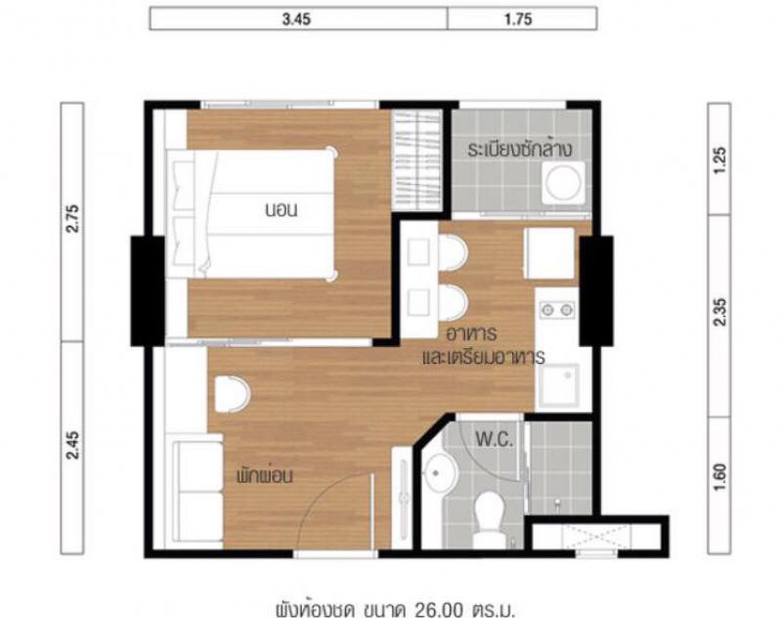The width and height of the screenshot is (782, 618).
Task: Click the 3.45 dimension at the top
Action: (x=296, y=20)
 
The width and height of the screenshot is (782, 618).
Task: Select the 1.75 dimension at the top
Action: (x=518, y=20)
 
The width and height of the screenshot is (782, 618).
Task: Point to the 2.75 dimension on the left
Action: (x=72, y=218)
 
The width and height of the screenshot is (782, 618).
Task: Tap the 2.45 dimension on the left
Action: (x=72, y=445)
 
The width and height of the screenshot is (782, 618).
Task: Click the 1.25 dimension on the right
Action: (x=720, y=159)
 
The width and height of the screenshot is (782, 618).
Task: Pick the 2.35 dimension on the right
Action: (x=720, y=312)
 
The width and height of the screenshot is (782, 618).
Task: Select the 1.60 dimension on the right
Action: (x=720, y=476)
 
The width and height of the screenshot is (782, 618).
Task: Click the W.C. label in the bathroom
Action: (x=495, y=439)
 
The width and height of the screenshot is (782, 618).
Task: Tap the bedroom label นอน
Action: (x=282, y=210)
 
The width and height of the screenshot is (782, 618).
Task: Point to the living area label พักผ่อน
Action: (x=264, y=475)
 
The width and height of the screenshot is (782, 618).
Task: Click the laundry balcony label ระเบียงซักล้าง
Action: (x=520, y=150)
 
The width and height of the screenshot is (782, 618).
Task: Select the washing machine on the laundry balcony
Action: (x=564, y=182)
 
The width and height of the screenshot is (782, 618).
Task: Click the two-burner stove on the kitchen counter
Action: (x=557, y=310)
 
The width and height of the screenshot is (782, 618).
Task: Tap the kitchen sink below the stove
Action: (x=559, y=385)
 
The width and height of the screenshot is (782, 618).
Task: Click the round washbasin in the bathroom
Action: (x=441, y=473)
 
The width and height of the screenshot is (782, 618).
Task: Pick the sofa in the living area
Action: (x=197, y=490)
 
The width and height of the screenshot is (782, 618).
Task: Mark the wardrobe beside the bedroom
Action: (x=417, y=159)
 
